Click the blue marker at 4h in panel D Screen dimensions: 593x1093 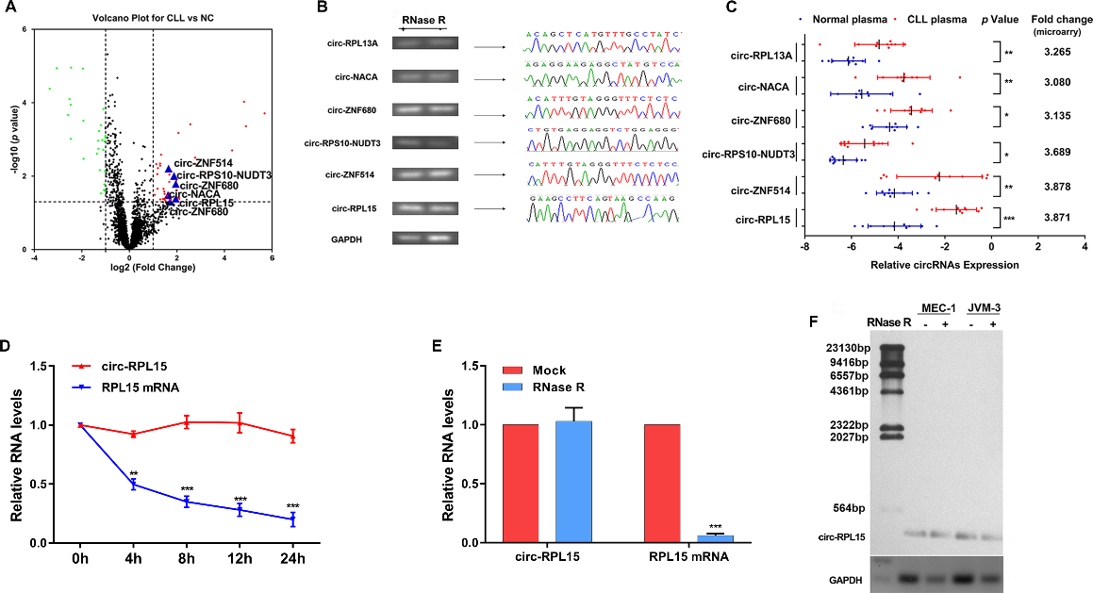click(x=134, y=485)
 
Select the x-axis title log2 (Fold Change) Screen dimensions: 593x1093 click(x=153, y=269)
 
